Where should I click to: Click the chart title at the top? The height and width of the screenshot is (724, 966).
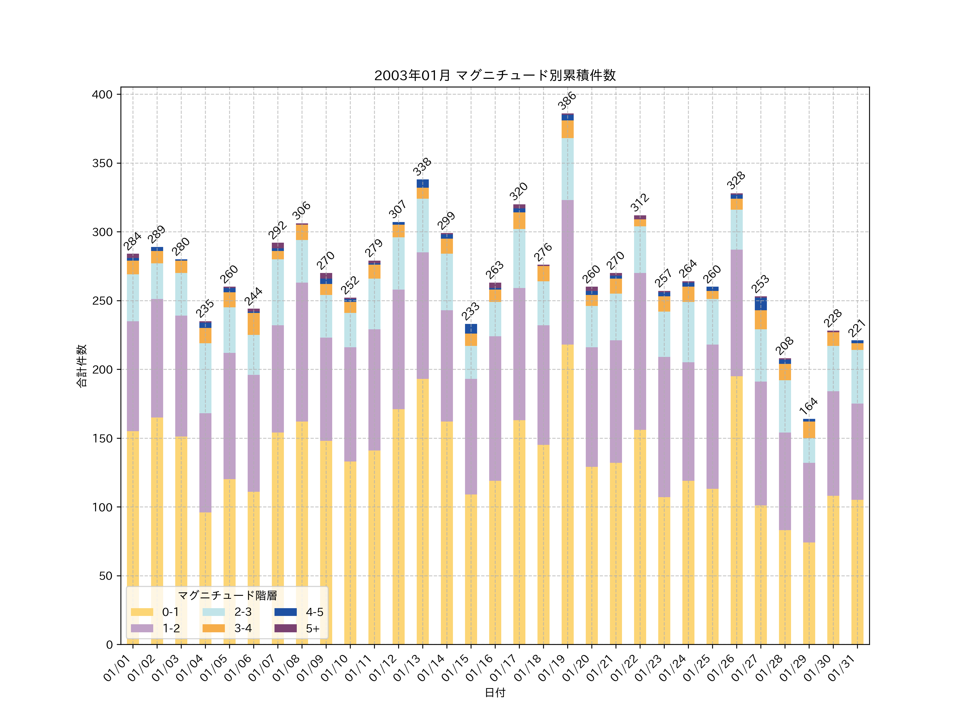[495, 76]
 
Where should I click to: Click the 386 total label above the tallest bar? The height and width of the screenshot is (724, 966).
[567, 101]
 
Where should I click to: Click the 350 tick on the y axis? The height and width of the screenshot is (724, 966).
[102, 163]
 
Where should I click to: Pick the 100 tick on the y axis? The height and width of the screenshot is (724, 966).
[102, 507]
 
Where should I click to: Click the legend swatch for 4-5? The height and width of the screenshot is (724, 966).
[286, 612]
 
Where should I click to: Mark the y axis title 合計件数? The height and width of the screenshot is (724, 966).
[82, 366]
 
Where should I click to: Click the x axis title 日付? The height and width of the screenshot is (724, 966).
[495, 693]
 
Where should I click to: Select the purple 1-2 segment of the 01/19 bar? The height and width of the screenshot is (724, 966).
[567, 272]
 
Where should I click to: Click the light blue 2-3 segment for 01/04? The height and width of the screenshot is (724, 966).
[205, 378]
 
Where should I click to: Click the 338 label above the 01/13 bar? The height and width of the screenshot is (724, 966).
[422, 167]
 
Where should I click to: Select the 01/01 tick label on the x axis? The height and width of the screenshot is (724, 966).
[117, 668]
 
